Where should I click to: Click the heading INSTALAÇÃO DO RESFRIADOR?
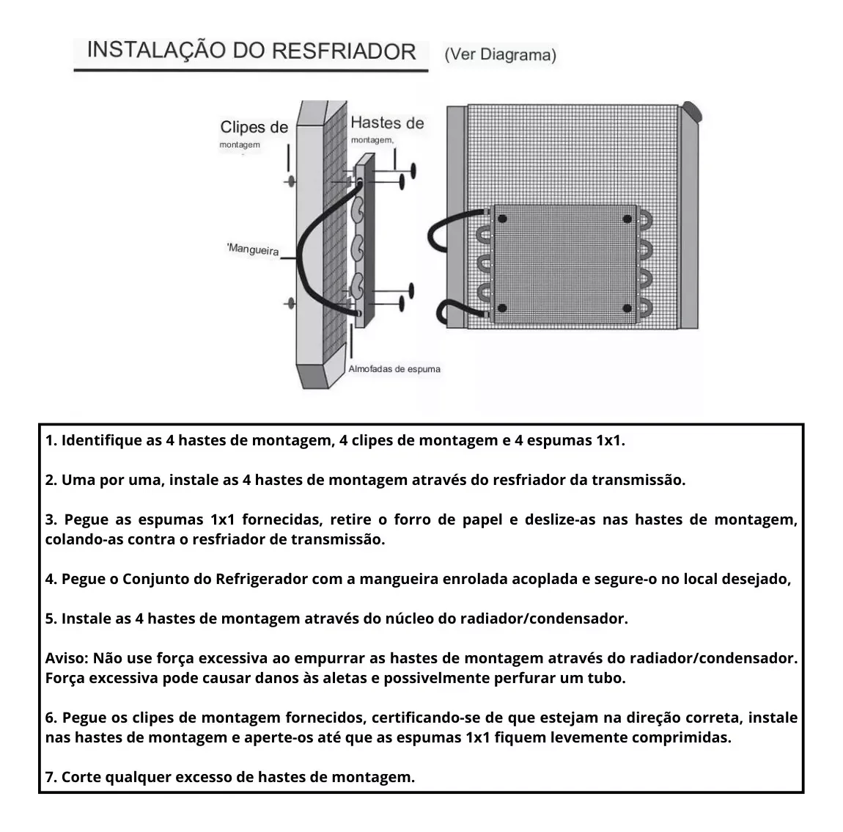251,51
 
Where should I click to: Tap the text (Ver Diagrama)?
501,55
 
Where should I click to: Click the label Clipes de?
254,127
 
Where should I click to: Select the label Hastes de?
387,123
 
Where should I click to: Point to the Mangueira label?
253,249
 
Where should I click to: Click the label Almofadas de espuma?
394,369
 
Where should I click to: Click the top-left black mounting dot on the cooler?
502,219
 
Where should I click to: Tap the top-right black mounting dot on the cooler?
627,219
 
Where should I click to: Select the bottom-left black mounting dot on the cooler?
502,308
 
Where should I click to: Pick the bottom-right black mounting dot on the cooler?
627,308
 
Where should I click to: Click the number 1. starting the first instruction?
51,441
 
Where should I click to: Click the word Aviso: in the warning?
67,659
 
